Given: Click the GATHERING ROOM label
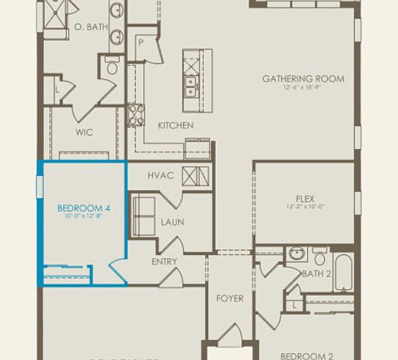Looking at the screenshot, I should [x=303, y=80].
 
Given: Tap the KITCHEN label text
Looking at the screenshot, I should [x=176, y=126].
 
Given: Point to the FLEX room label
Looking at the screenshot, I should [x=303, y=197].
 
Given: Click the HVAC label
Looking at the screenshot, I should [x=160, y=176].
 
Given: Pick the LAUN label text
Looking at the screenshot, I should [x=172, y=222].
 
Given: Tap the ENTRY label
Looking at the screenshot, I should [x=164, y=262].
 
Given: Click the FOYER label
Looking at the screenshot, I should [x=230, y=297].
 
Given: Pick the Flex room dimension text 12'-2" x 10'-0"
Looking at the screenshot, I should [x=303, y=207].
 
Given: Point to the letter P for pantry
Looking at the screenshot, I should [x=142, y=41].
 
